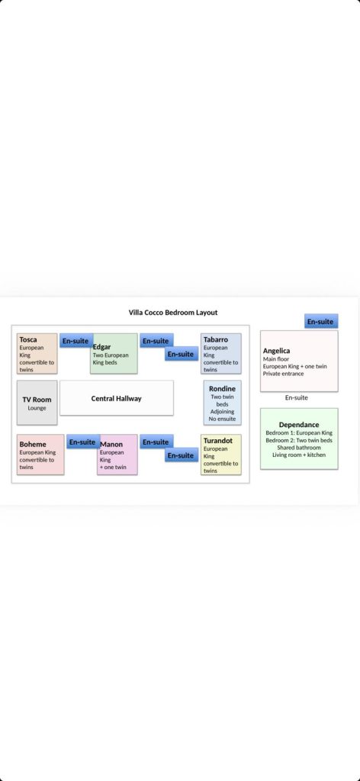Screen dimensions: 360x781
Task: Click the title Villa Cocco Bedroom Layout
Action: (x=173, y=312)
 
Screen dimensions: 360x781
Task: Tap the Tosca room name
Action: (x=28, y=339)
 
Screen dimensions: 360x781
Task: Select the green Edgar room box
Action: (x=114, y=354)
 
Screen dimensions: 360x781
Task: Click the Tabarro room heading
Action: (x=216, y=339)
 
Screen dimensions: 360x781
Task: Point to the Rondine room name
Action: (x=222, y=388)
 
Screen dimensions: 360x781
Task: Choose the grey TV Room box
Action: (x=37, y=403)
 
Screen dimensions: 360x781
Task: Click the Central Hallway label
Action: (x=117, y=398)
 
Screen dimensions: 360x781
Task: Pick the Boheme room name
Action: (x=33, y=445)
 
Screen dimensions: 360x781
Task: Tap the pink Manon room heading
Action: (x=111, y=445)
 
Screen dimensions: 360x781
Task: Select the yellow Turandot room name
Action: (x=218, y=440)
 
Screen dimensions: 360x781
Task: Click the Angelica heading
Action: (x=276, y=351)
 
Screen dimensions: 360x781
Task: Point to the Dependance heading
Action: (x=299, y=425)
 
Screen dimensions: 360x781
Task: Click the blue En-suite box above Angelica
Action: (x=321, y=321)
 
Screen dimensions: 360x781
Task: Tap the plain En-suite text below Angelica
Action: (x=296, y=397)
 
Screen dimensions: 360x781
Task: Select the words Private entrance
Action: (x=283, y=374)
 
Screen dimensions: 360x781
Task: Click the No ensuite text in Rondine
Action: (x=222, y=419)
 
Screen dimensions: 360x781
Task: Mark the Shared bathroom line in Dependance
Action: (x=299, y=448)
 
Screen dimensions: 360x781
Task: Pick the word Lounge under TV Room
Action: (x=37, y=408)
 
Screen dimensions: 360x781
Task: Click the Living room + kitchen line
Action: (x=299, y=455)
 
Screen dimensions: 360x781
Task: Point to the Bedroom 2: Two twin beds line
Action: (x=299, y=440)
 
